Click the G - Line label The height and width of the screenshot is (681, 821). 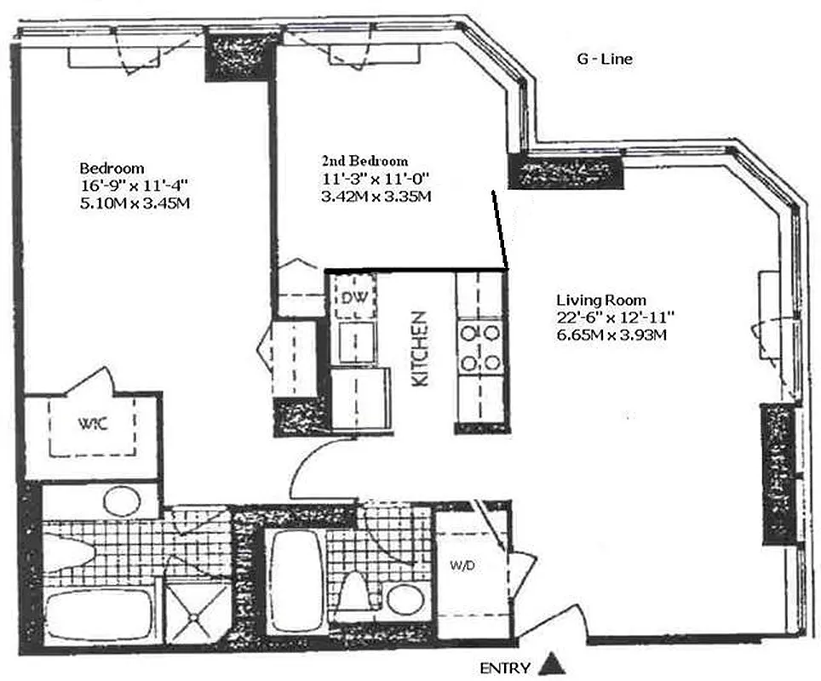(602, 59)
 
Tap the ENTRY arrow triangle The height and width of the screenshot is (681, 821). (554, 662)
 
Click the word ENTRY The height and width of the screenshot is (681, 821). (506, 667)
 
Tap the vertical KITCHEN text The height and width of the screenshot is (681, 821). (420, 349)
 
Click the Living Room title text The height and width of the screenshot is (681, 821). (601, 300)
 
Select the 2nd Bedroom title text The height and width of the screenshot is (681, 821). (365, 161)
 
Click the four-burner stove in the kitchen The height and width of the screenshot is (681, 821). (480, 347)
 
